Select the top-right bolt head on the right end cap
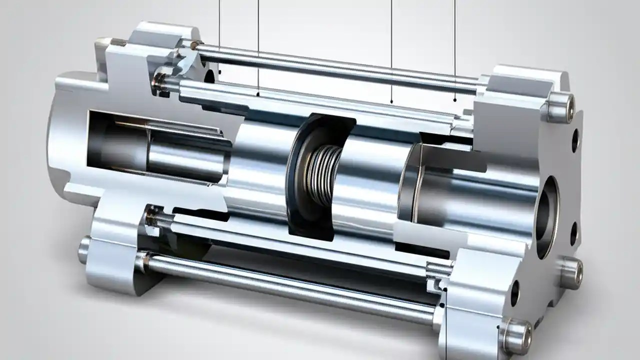pos(559,106)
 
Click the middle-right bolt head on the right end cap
pos(570,273)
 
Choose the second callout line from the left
pos(258,45)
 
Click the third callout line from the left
pos(391,50)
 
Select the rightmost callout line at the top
pos(454,50)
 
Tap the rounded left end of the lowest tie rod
pos(84,250)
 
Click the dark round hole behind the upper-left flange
pos(209,76)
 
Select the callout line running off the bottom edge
pos(445,330)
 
